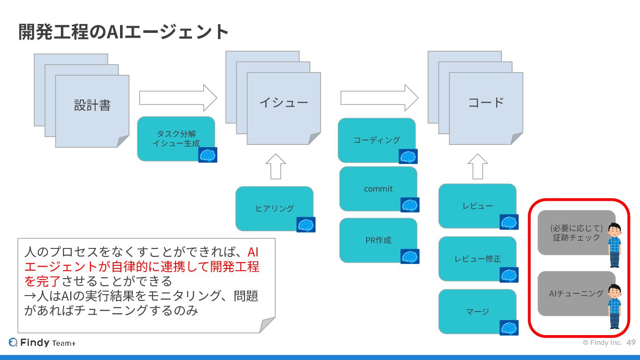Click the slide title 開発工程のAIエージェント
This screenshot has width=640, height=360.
(x=124, y=32)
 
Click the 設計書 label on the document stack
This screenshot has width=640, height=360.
(x=92, y=105)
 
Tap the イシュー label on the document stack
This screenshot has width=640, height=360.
(x=284, y=103)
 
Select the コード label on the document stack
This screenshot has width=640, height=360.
(x=486, y=103)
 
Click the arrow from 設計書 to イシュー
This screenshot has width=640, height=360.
(x=178, y=98)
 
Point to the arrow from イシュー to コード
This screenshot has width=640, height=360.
(x=379, y=98)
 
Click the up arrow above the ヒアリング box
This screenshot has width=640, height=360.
(x=276, y=166)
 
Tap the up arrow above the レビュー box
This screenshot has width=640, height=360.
(x=478, y=166)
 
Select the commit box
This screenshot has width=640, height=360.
(x=378, y=189)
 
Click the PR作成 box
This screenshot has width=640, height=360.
(x=378, y=240)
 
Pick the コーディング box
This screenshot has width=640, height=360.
(x=376, y=140)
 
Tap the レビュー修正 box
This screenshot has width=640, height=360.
(x=477, y=259)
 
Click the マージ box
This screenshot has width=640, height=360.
(x=477, y=311)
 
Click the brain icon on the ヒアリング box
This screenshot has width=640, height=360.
(x=306, y=224)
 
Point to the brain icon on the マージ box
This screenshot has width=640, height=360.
(x=509, y=328)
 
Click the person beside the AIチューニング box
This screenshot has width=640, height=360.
(x=615, y=306)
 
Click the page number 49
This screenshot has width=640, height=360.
(x=631, y=343)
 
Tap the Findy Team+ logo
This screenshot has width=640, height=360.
(x=42, y=343)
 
